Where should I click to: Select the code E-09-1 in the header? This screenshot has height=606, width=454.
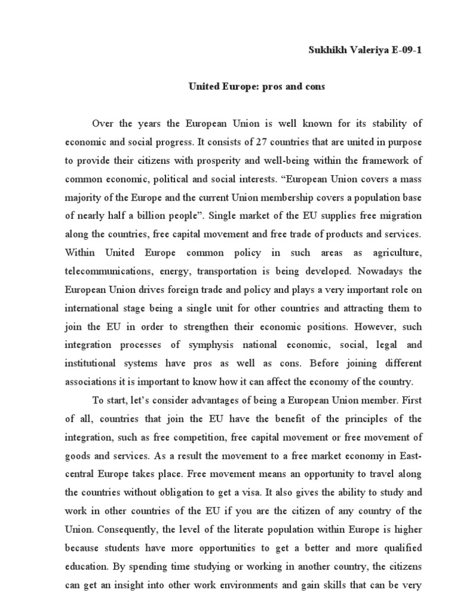pos(404,50)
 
